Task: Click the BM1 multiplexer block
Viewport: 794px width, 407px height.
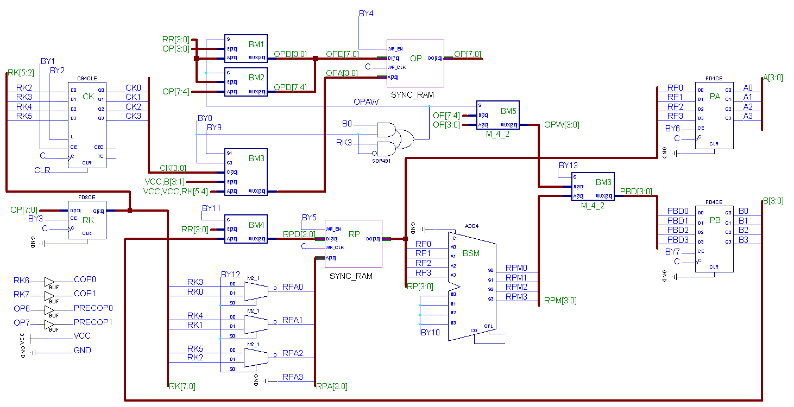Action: point(246,49)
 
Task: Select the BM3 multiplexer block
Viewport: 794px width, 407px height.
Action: point(246,171)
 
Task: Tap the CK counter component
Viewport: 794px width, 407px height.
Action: point(87,125)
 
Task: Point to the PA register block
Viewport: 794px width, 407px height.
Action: point(714,116)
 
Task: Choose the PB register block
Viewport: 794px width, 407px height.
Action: point(714,239)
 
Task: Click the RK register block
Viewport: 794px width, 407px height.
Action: point(87,220)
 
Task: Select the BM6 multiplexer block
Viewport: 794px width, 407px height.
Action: point(593,186)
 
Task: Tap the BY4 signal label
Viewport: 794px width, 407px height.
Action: point(366,13)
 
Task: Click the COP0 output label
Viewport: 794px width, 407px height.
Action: point(85,279)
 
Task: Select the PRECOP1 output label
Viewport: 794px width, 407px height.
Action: point(93,322)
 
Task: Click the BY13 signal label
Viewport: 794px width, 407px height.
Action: point(568,166)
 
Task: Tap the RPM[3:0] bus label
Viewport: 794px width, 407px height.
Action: point(560,300)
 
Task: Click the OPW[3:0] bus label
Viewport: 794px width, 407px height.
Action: point(562,125)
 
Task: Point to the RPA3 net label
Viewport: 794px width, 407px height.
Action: point(293,377)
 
